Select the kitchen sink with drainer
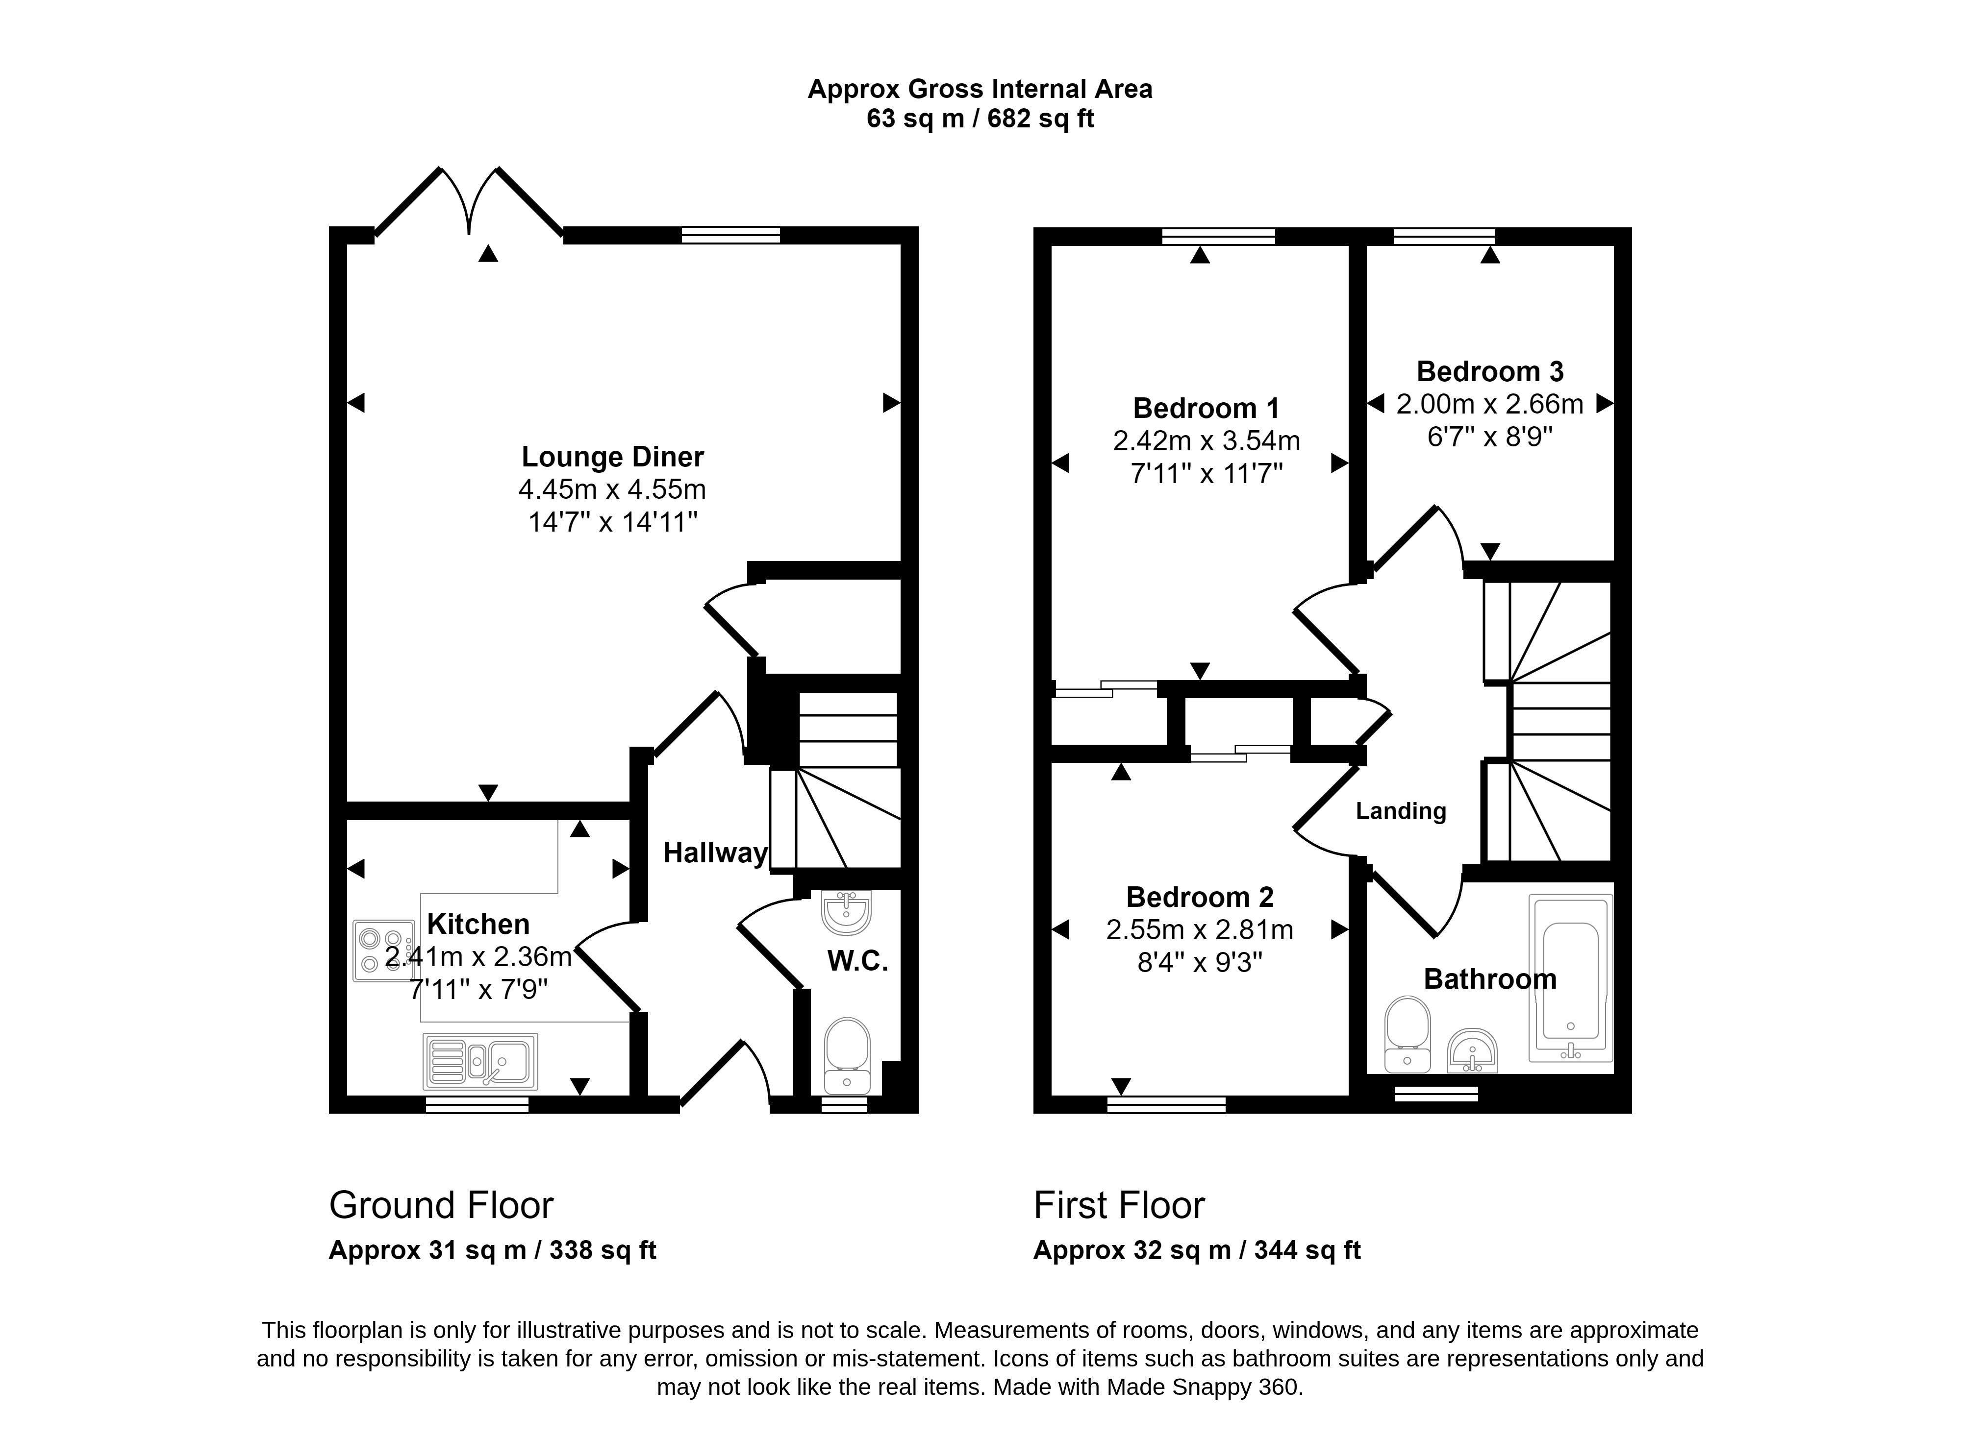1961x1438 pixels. [480, 1061]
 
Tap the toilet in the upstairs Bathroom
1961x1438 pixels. [1407, 1034]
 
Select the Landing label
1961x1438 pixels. [1400, 811]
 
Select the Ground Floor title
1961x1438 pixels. [441, 1206]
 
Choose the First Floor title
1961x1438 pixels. [1119, 1206]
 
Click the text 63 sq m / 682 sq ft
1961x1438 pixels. [980, 119]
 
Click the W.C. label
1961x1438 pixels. [857, 961]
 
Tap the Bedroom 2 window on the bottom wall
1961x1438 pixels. [1166, 1105]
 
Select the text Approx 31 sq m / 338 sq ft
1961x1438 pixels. [492, 1251]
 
